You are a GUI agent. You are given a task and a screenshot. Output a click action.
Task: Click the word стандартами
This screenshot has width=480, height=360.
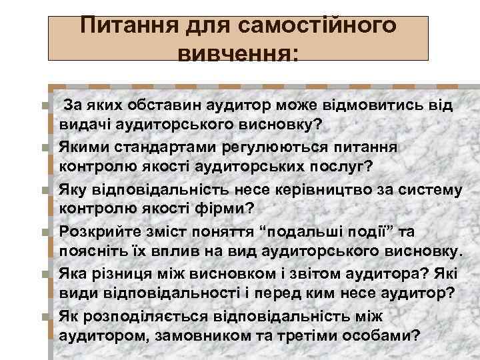tap(153, 147)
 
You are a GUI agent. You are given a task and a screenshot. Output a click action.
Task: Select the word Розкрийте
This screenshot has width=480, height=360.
tap(93, 231)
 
